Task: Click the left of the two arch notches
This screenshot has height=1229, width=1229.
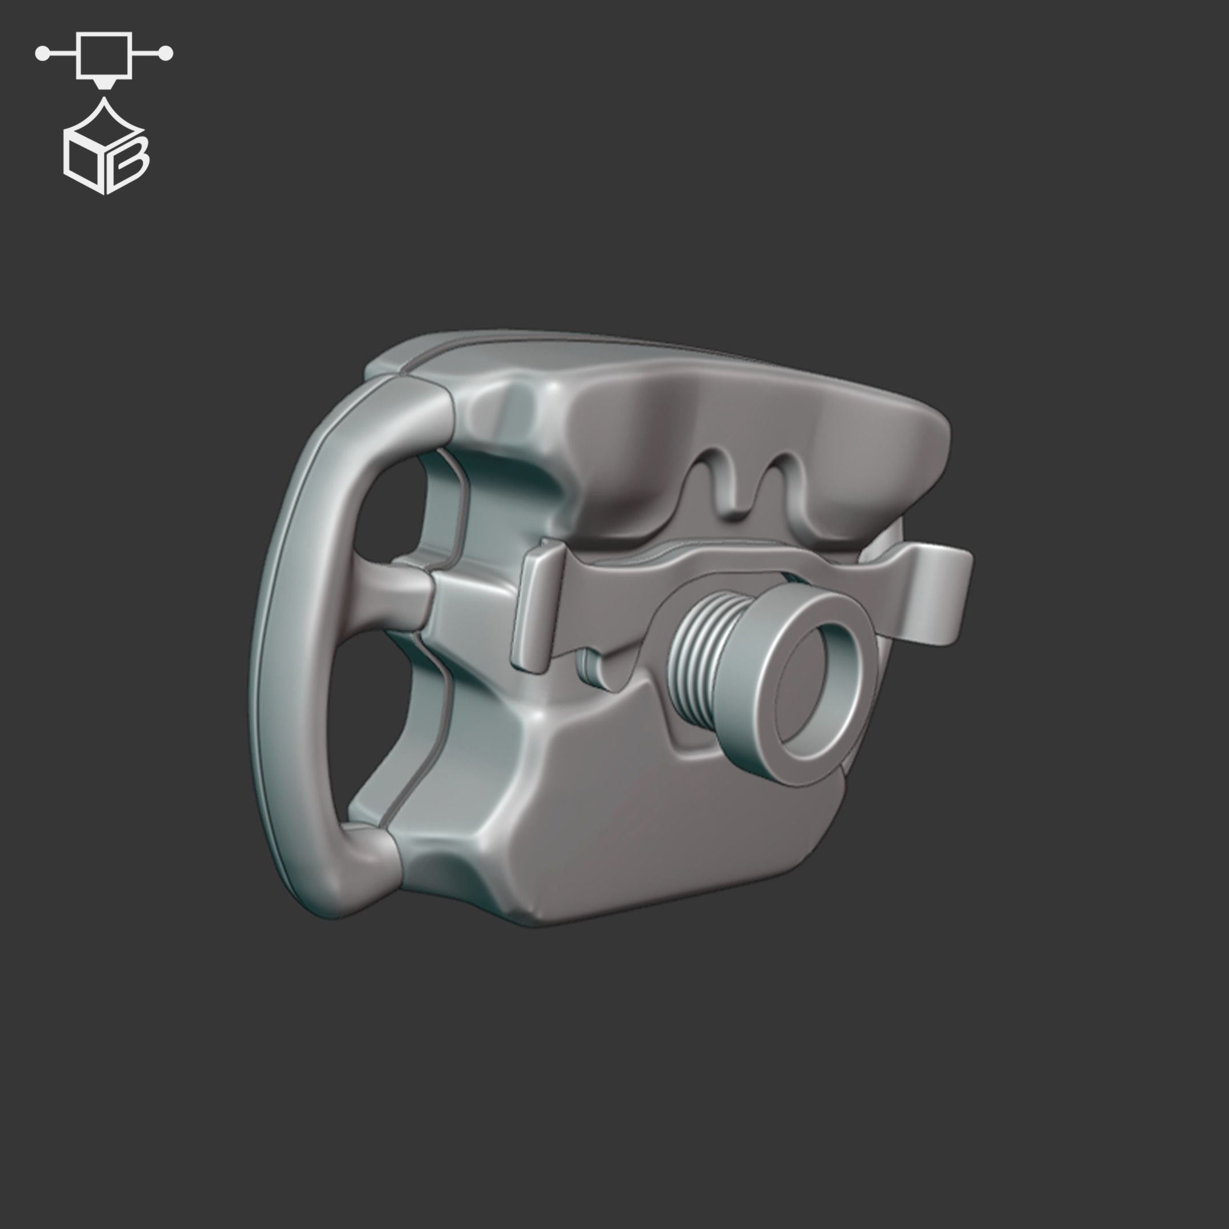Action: click(720, 479)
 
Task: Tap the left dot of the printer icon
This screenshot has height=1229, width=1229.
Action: click(42, 54)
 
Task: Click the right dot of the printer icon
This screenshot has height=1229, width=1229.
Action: click(167, 54)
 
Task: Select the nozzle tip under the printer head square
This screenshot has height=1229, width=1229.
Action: click(104, 84)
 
